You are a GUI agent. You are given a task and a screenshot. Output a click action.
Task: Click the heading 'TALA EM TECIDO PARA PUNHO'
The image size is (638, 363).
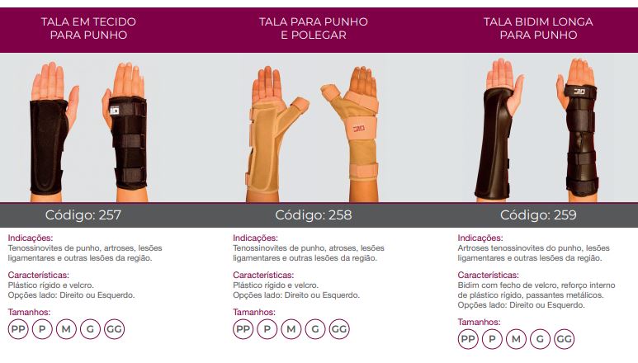click(x=88, y=28)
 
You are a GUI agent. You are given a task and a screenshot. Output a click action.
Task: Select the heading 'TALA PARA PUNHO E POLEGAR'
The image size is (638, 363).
click(x=314, y=28)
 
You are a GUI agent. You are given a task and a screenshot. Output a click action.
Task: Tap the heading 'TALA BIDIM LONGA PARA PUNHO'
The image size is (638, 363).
click(x=538, y=28)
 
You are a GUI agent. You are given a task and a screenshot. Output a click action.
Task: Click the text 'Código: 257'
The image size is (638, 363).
click(x=83, y=214)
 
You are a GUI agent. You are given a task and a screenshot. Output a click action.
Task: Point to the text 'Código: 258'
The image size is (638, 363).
click(x=314, y=214)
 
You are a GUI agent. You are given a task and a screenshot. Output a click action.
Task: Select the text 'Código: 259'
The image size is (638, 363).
click(x=538, y=214)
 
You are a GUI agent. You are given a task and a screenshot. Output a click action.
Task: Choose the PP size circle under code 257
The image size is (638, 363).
click(x=18, y=329)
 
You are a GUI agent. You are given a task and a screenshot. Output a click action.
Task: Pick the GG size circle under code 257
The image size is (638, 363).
click(x=115, y=329)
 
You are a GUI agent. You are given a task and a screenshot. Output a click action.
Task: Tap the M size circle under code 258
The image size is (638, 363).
click(x=291, y=329)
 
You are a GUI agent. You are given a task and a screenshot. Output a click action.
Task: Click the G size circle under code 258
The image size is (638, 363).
click(x=315, y=329)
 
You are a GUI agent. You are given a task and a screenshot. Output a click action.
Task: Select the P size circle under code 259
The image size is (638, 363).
click(x=492, y=338)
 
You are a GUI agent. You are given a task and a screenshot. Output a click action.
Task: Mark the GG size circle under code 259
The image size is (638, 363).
click(x=564, y=338)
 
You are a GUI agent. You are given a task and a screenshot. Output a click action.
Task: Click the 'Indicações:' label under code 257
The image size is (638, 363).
click(x=31, y=238)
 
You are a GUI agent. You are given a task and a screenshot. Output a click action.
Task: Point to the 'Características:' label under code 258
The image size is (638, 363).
click(x=263, y=275)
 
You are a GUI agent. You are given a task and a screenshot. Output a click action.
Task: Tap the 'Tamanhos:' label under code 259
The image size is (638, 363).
click(x=479, y=322)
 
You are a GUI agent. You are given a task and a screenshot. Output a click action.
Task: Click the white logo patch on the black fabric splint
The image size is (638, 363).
click(x=115, y=111)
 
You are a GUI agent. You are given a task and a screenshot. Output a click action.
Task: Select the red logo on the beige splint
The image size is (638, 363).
click(x=358, y=129)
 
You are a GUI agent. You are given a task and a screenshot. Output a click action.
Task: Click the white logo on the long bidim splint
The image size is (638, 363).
click(x=579, y=92)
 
